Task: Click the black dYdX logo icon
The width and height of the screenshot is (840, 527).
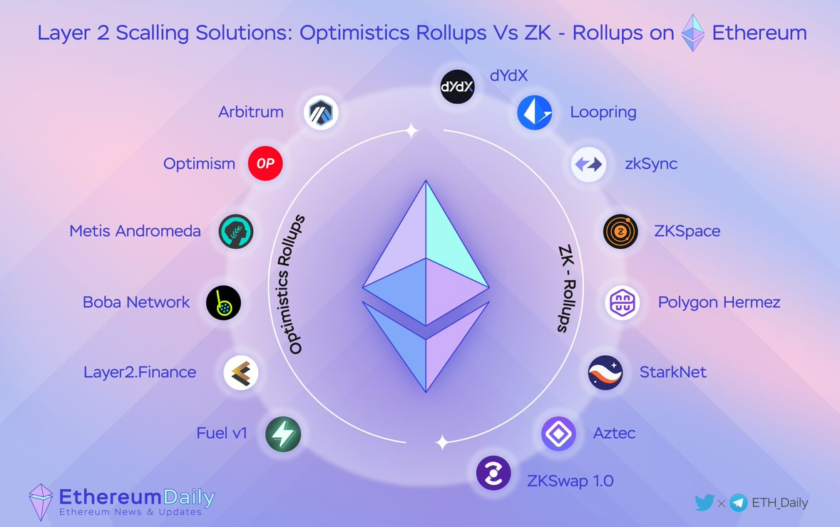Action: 457,87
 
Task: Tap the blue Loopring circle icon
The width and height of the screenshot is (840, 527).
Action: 535,113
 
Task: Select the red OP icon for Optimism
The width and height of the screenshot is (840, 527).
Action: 265,163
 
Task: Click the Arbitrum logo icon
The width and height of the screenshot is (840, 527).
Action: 321,113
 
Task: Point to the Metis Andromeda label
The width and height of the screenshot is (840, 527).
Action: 135,231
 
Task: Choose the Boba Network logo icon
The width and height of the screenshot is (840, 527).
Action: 223,302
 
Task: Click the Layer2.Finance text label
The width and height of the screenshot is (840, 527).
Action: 140,372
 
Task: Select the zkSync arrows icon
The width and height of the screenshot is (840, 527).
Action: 589,165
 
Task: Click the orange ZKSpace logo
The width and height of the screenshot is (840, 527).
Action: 620,232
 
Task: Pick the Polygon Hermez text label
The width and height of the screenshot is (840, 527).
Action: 719,302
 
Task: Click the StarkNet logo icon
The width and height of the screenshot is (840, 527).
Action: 605,373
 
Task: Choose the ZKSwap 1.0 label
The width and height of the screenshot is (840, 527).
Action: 570,481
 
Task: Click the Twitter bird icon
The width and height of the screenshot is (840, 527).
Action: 704,502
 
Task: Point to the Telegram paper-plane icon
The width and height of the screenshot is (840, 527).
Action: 739,503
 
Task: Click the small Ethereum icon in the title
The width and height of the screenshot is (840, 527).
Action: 692,33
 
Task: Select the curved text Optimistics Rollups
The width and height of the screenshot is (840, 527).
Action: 297,284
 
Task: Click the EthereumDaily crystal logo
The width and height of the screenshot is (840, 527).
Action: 41,501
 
